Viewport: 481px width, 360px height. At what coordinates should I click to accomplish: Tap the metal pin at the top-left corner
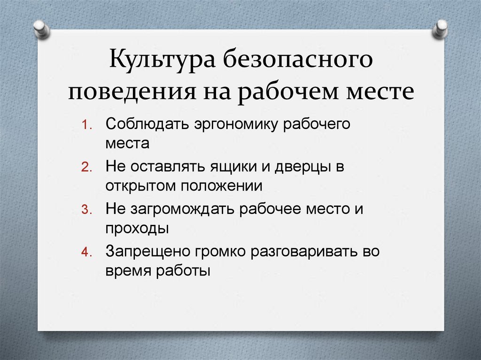point(42,28)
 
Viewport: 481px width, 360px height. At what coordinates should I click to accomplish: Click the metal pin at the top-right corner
point(441,28)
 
